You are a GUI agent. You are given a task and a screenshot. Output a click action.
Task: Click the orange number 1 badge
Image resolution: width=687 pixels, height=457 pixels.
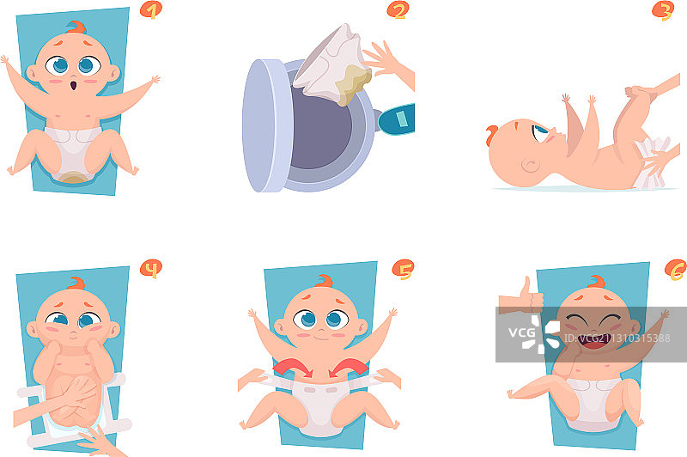tap(151, 10)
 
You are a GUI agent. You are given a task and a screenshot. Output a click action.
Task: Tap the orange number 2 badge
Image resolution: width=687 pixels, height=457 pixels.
tap(398, 10)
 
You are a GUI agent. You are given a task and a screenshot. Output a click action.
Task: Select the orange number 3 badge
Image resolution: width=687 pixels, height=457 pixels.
tap(663, 11)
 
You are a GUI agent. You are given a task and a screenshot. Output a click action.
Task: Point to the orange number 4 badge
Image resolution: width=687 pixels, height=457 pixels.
tap(151, 269)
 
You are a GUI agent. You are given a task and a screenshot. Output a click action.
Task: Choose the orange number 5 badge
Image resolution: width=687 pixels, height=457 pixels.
tap(403, 270)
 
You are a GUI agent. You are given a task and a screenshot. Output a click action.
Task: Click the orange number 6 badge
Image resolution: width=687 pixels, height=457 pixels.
tap(676, 270)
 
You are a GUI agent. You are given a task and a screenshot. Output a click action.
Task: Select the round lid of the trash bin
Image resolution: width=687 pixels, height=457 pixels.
tap(268, 125)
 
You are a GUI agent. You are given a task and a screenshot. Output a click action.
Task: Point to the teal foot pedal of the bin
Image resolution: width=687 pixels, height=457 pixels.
tap(397, 119)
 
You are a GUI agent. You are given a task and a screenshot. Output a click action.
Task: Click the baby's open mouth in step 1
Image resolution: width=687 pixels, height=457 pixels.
tap(74, 84)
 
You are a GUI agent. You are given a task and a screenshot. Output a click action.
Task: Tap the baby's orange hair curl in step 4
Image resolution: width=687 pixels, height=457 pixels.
tap(76, 283)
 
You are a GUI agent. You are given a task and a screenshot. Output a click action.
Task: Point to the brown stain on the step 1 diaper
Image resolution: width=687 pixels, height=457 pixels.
tap(74, 178)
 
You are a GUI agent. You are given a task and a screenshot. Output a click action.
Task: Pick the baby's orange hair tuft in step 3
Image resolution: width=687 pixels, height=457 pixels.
tap(491, 135)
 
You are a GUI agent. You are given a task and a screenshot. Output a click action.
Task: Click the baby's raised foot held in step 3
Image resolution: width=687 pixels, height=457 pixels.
tap(638, 92)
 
